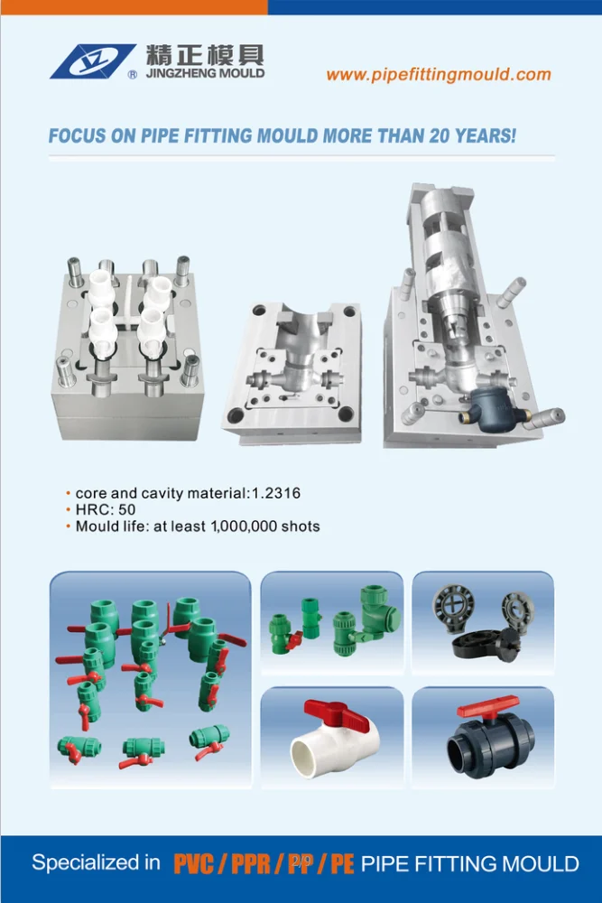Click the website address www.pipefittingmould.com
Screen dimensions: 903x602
[x=439, y=75]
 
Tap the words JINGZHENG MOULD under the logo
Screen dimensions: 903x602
[x=204, y=73]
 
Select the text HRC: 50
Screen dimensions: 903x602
[x=107, y=509]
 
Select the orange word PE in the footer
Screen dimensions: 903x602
[x=341, y=864]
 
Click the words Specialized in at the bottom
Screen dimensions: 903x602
[x=96, y=863]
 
